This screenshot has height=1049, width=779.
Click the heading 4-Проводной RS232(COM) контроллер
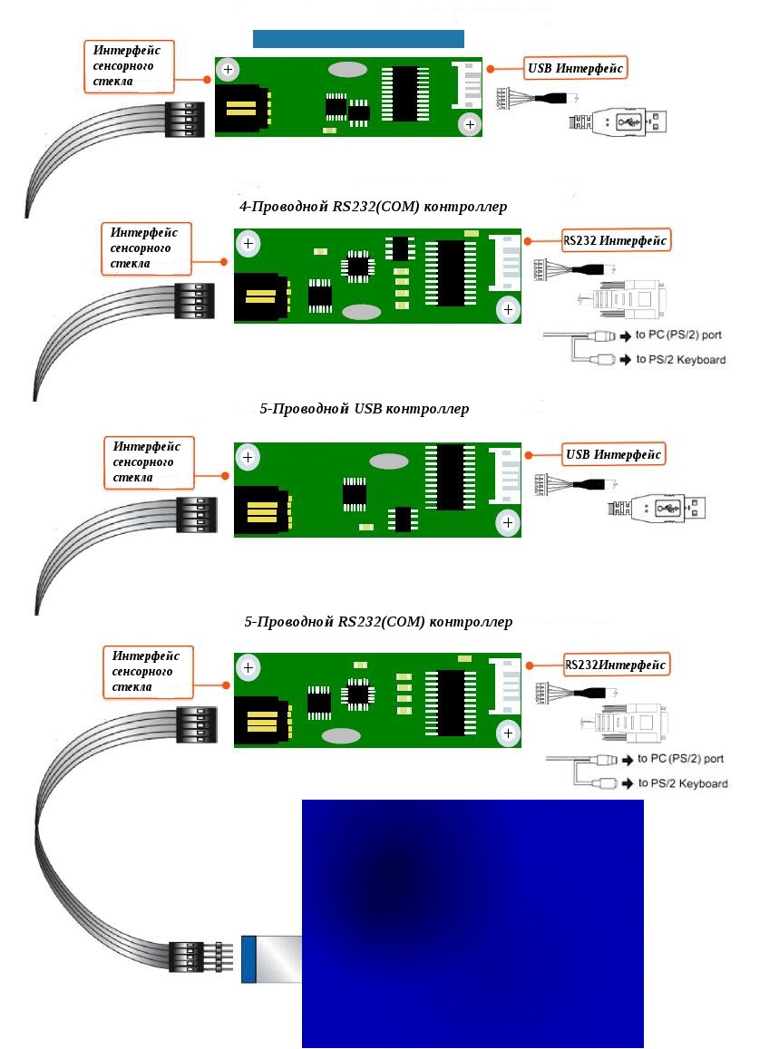tap(373, 207)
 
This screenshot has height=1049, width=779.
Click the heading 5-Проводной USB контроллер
tap(364, 409)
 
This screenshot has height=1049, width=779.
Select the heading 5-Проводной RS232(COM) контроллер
tap(378, 622)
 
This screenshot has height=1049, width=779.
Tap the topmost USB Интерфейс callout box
tap(576, 68)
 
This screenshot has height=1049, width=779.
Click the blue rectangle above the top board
tap(358, 39)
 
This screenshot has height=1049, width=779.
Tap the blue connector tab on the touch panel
tap(248, 959)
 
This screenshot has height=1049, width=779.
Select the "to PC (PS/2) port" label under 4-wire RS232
tap(679, 335)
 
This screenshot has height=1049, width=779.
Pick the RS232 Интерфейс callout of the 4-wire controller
tap(615, 240)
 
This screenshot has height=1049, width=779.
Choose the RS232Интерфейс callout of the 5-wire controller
tap(616, 665)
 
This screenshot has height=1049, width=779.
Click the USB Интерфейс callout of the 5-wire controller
tap(614, 453)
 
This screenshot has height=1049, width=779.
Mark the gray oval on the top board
tap(347, 70)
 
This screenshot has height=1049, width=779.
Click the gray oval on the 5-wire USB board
tap(390, 461)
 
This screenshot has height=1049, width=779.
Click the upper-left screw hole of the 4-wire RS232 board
tap(248, 243)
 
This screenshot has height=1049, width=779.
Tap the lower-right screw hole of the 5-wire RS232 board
tap(508, 733)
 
